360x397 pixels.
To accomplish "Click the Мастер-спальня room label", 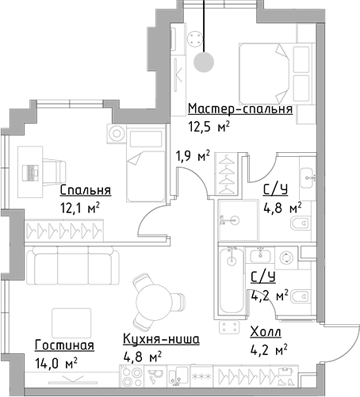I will coord(240,109).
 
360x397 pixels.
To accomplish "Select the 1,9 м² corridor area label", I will coord(193,155).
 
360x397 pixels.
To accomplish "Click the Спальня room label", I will coord(85,190).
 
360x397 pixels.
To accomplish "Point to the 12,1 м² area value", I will coord(83,208).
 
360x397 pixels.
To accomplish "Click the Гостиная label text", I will coord(64,345).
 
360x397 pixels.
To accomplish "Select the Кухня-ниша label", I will coord(161,339).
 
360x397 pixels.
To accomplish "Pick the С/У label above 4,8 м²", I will coord(274,189).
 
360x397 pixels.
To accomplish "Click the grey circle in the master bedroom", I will coord(205,62).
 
